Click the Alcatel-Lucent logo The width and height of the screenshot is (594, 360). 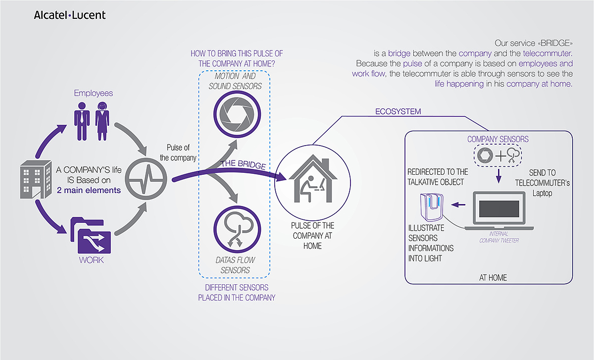pos(69,15)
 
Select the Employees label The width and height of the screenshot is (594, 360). pos(94,93)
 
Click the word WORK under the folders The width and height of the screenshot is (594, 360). pos(91,260)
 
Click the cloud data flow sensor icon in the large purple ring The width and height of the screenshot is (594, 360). pos(235,230)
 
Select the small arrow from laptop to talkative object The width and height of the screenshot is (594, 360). pos(460,204)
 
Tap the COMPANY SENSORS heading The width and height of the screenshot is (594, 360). pos(498,140)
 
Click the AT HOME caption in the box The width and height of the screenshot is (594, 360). pos(493,278)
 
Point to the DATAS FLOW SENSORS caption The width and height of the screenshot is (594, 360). pos(236,265)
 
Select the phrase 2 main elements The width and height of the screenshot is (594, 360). pos(89,190)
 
